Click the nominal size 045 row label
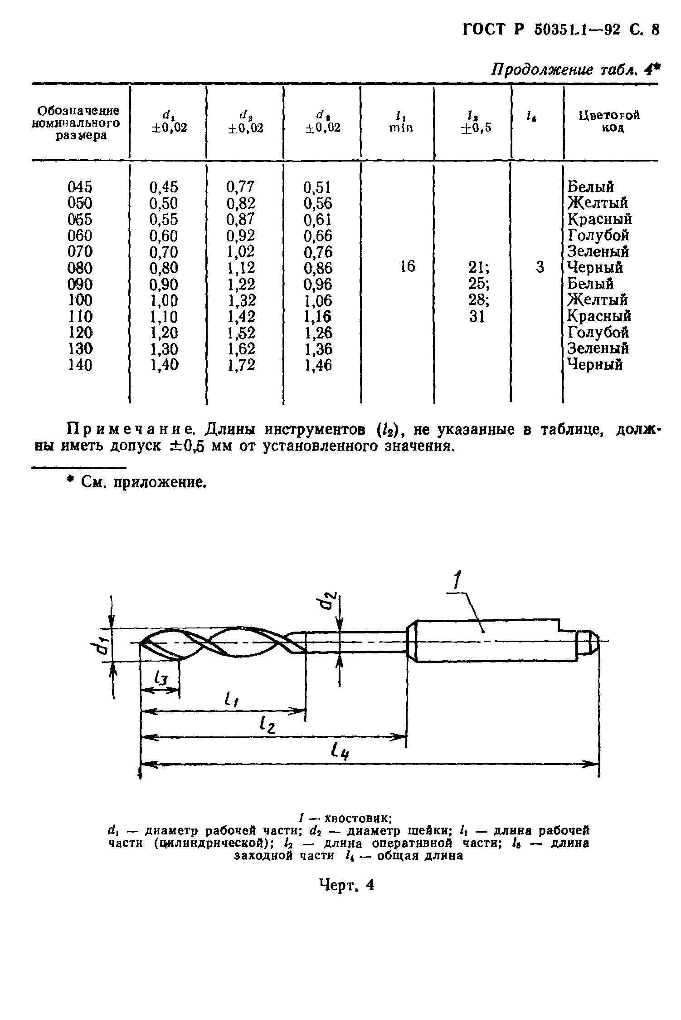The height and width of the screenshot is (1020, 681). point(80,186)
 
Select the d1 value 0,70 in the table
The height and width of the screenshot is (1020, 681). point(164,252)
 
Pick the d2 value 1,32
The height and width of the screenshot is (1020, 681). point(241,300)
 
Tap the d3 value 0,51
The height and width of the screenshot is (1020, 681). point(317,187)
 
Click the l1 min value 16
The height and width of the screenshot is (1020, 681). point(408,267)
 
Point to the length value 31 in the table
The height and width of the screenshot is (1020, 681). point(477,316)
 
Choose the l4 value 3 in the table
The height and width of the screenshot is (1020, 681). point(540,267)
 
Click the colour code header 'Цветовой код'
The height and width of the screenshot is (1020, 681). point(609,121)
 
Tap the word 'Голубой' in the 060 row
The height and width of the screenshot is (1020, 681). point(598,235)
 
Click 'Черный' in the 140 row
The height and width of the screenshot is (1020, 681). point(595,364)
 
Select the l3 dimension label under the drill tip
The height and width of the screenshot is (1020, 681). point(161,679)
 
